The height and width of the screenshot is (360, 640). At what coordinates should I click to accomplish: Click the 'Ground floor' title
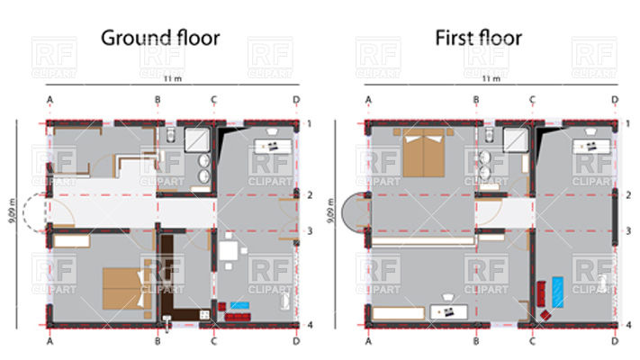160,38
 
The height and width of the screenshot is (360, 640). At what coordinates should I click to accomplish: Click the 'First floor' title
478,38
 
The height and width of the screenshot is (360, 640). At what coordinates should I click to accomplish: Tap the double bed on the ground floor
121,288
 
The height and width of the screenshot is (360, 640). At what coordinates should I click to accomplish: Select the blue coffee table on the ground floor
239,306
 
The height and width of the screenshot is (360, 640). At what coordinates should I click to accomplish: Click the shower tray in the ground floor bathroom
197,139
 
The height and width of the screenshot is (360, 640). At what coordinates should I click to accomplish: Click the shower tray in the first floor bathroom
516,139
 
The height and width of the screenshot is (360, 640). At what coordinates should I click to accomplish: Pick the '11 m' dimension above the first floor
491,79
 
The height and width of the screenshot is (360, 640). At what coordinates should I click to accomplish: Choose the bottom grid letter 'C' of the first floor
532,342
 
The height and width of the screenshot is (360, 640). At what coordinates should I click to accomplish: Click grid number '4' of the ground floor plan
308,324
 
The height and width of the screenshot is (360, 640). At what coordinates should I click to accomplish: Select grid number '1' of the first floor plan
626,123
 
